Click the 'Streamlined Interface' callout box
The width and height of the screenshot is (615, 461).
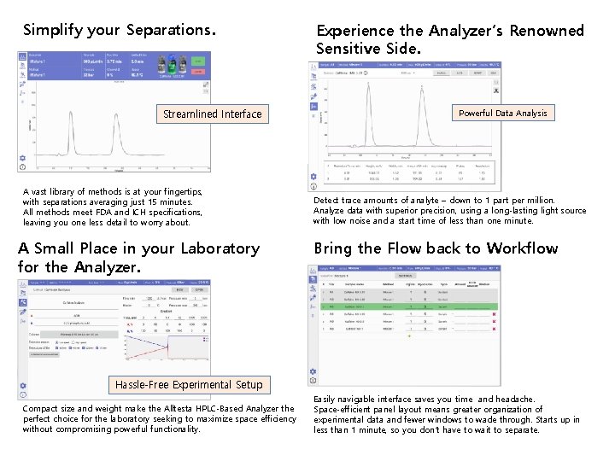pyautogui.click(x=212, y=114)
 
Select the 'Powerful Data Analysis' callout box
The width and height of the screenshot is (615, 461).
pyautogui.click(x=502, y=113)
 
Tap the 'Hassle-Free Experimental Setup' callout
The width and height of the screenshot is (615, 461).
pyautogui.click(x=189, y=384)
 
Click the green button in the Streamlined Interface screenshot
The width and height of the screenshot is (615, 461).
pyautogui.click(x=198, y=61)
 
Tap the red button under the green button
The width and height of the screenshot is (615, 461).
pyautogui.click(x=198, y=73)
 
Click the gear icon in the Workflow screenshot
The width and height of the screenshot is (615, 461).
pyautogui.click(x=313, y=371)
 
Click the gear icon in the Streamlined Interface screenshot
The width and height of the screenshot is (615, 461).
pyautogui.click(x=22, y=157)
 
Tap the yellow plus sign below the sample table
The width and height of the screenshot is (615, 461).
pyautogui.click(x=408, y=336)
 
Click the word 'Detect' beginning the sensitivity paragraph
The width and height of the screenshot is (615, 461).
pyautogui.click(x=326, y=200)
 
